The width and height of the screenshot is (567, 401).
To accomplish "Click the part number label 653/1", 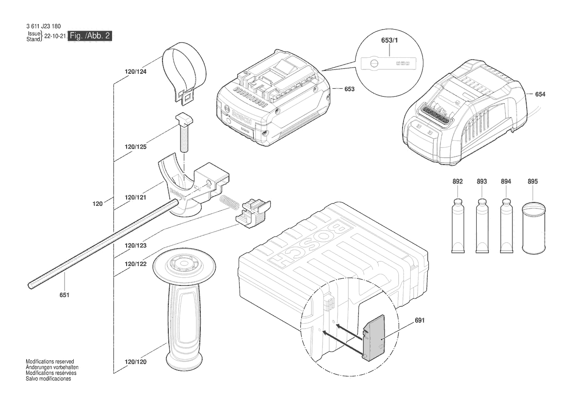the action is [389, 40].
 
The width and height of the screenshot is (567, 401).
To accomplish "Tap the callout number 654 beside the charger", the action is [540, 94].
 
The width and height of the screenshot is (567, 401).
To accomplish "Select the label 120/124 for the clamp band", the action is [136, 72].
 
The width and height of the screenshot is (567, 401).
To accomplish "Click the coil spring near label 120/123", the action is [229, 201].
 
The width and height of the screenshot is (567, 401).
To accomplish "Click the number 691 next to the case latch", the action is [420, 320].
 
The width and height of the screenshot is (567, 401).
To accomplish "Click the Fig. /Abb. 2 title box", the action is [90, 35].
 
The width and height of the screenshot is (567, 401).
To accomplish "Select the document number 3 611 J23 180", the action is [43, 26].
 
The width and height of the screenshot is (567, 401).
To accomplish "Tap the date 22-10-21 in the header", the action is [55, 36].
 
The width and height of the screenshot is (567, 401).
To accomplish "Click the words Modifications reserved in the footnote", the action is [50, 362].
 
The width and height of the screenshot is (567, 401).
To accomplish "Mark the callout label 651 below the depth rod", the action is [65, 295].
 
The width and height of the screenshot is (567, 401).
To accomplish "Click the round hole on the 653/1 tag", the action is [373, 63].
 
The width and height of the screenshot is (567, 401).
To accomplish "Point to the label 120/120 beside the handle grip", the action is [136, 362].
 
